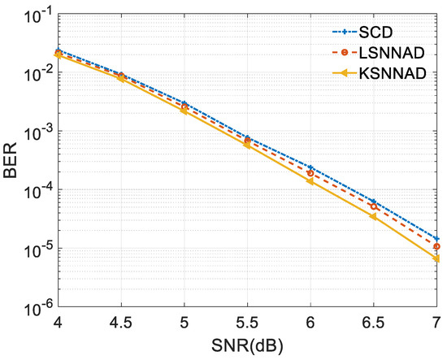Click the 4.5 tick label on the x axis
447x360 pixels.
[121, 324]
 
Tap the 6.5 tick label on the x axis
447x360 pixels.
[374, 324]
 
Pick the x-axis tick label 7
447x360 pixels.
[437, 324]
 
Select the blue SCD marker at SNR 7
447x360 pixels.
[437, 239]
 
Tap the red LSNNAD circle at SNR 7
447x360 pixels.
[437, 246]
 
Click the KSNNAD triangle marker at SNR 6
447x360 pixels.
[311, 181]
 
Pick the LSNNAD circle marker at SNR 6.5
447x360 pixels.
[374, 206]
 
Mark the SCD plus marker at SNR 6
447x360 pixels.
[311, 167]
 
